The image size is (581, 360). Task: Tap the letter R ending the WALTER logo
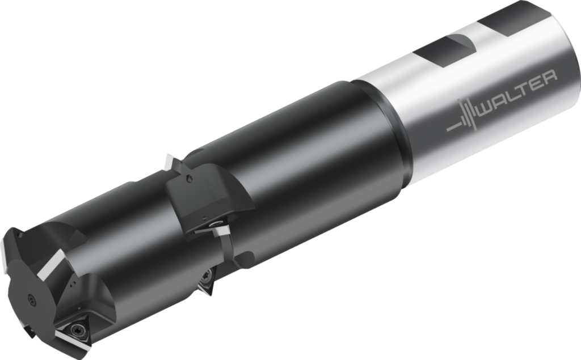coord(549,77)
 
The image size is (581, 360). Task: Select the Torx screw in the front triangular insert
coord(77,328)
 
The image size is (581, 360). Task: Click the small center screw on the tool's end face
coord(31,300)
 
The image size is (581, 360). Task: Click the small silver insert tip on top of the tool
coord(170,162)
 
